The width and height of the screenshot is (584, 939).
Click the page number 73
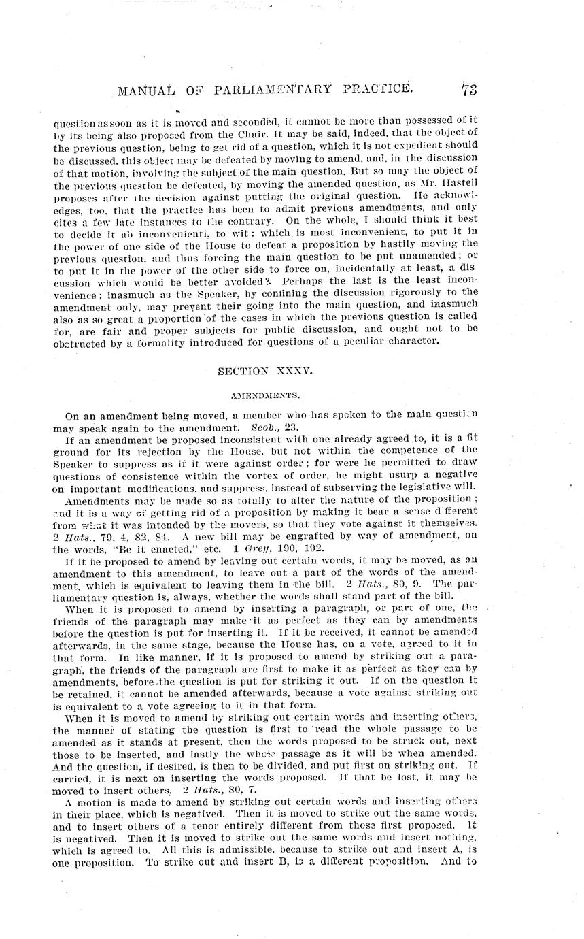pyautogui.click(x=469, y=88)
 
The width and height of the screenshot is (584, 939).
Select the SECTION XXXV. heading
pyautogui.click(x=264, y=371)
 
